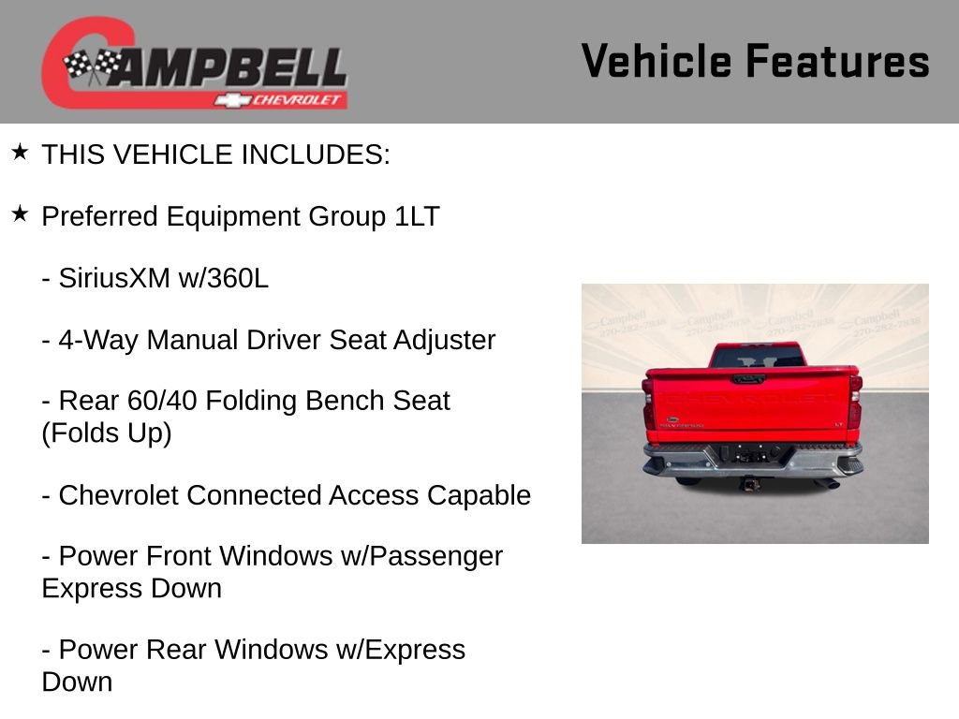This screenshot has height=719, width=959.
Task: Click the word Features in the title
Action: point(837,62)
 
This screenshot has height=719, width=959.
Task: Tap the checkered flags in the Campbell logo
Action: point(92,66)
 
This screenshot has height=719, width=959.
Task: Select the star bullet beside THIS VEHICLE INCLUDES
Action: point(20,153)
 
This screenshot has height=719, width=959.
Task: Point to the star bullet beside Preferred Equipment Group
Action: point(20,214)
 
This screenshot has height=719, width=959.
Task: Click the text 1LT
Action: point(417,216)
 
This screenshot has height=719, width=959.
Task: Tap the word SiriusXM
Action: point(114,278)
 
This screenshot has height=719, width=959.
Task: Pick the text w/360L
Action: point(224,278)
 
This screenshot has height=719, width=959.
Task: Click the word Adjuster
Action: point(444,340)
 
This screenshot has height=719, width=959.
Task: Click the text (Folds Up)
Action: point(107,433)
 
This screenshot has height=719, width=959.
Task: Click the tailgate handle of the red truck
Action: point(748,380)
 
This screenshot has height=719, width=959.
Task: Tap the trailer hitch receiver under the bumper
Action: point(750,483)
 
